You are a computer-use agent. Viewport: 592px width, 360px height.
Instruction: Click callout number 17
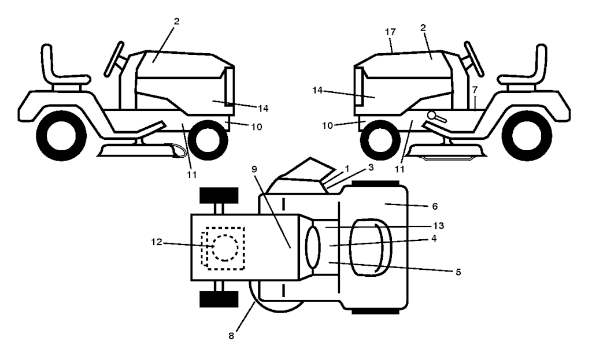pyautogui.click(x=390, y=32)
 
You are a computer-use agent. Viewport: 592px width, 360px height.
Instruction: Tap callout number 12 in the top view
pyautogui.click(x=156, y=242)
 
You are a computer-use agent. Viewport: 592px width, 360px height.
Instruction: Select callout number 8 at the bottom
pyautogui.click(x=231, y=336)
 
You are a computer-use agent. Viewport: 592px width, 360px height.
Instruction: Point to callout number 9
pyautogui.click(x=254, y=169)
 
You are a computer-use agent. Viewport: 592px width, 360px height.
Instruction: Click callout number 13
pyautogui.click(x=438, y=226)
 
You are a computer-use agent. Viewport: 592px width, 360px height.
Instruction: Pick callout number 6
pyautogui.click(x=435, y=206)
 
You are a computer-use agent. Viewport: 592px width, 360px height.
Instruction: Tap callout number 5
pyautogui.click(x=458, y=272)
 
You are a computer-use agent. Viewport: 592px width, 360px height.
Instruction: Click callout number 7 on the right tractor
pyautogui.click(x=475, y=90)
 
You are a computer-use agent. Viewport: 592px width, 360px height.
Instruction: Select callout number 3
pyautogui.click(x=371, y=167)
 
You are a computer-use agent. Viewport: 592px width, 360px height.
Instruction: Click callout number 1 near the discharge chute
pyautogui.click(x=347, y=169)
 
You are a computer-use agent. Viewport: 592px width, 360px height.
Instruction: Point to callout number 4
pyautogui.click(x=434, y=239)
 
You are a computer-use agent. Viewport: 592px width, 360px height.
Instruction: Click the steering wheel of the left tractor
pyautogui.click(x=114, y=59)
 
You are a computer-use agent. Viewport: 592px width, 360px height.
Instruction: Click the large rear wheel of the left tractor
pyautogui.click(x=61, y=135)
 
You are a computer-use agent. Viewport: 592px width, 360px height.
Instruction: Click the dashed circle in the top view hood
pyautogui.click(x=225, y=247)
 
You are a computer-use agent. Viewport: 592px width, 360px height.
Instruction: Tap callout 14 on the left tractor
pyautogui.click(x=263, y=109)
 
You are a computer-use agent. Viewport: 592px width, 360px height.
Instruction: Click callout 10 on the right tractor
pyautogui.click(x=327, y=125)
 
